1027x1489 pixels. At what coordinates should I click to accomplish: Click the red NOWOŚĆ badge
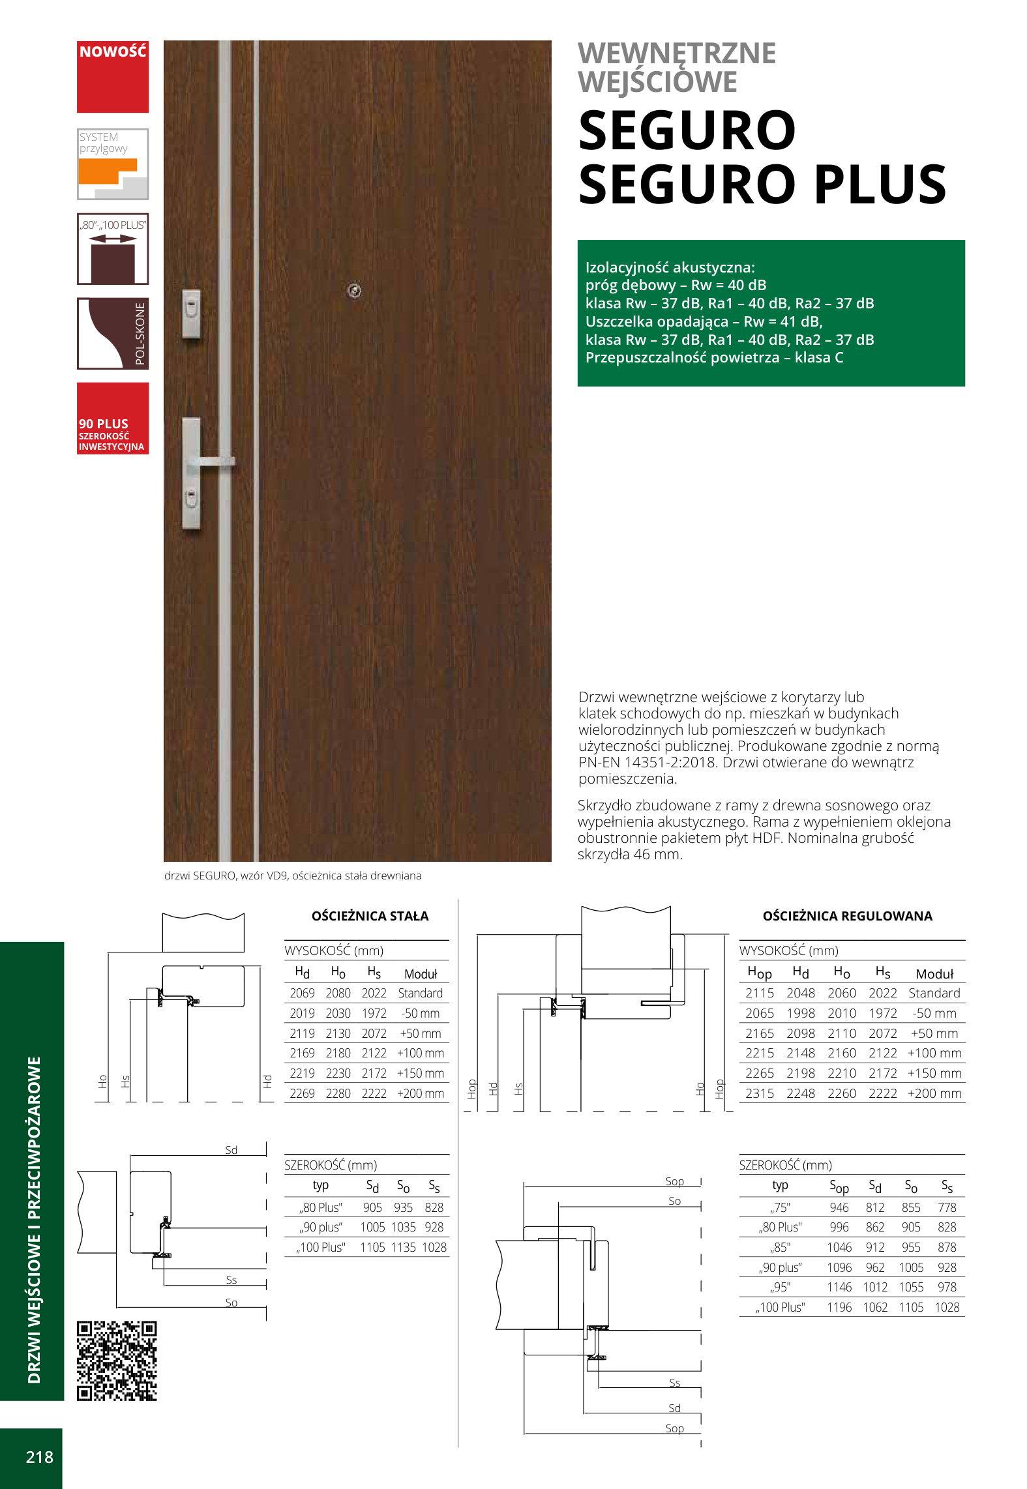(x=113, y=76)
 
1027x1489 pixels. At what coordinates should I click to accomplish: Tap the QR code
(x=117, y=1361)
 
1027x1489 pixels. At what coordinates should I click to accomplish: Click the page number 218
(x=39, y=1457)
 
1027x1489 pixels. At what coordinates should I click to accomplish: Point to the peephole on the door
(x=354, y=291)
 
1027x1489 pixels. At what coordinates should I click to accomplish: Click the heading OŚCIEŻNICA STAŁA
(x=370, y=916)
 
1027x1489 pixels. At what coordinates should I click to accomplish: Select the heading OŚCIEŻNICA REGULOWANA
(x=847, y=916)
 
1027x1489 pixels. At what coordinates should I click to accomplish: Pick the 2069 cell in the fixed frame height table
(x=302, y=993)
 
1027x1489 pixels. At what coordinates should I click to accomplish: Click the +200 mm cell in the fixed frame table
(x=421, y=1093)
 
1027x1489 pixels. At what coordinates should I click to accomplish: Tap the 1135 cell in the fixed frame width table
(x=403, y=1247)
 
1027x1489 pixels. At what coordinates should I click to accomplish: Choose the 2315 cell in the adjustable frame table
(x=760, y=1093)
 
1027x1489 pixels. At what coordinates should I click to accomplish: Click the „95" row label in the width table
(x=781, y=1287)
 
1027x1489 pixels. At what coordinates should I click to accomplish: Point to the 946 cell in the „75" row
(x=839, y=1207)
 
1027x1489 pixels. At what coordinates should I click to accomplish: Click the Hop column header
(x=760, y=973)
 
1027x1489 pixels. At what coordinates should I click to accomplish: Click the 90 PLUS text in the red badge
(x=103, y=424)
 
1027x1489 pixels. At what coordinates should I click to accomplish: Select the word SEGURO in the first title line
(x=687, y=130)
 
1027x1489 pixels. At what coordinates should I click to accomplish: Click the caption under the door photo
(x=293, y=876)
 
